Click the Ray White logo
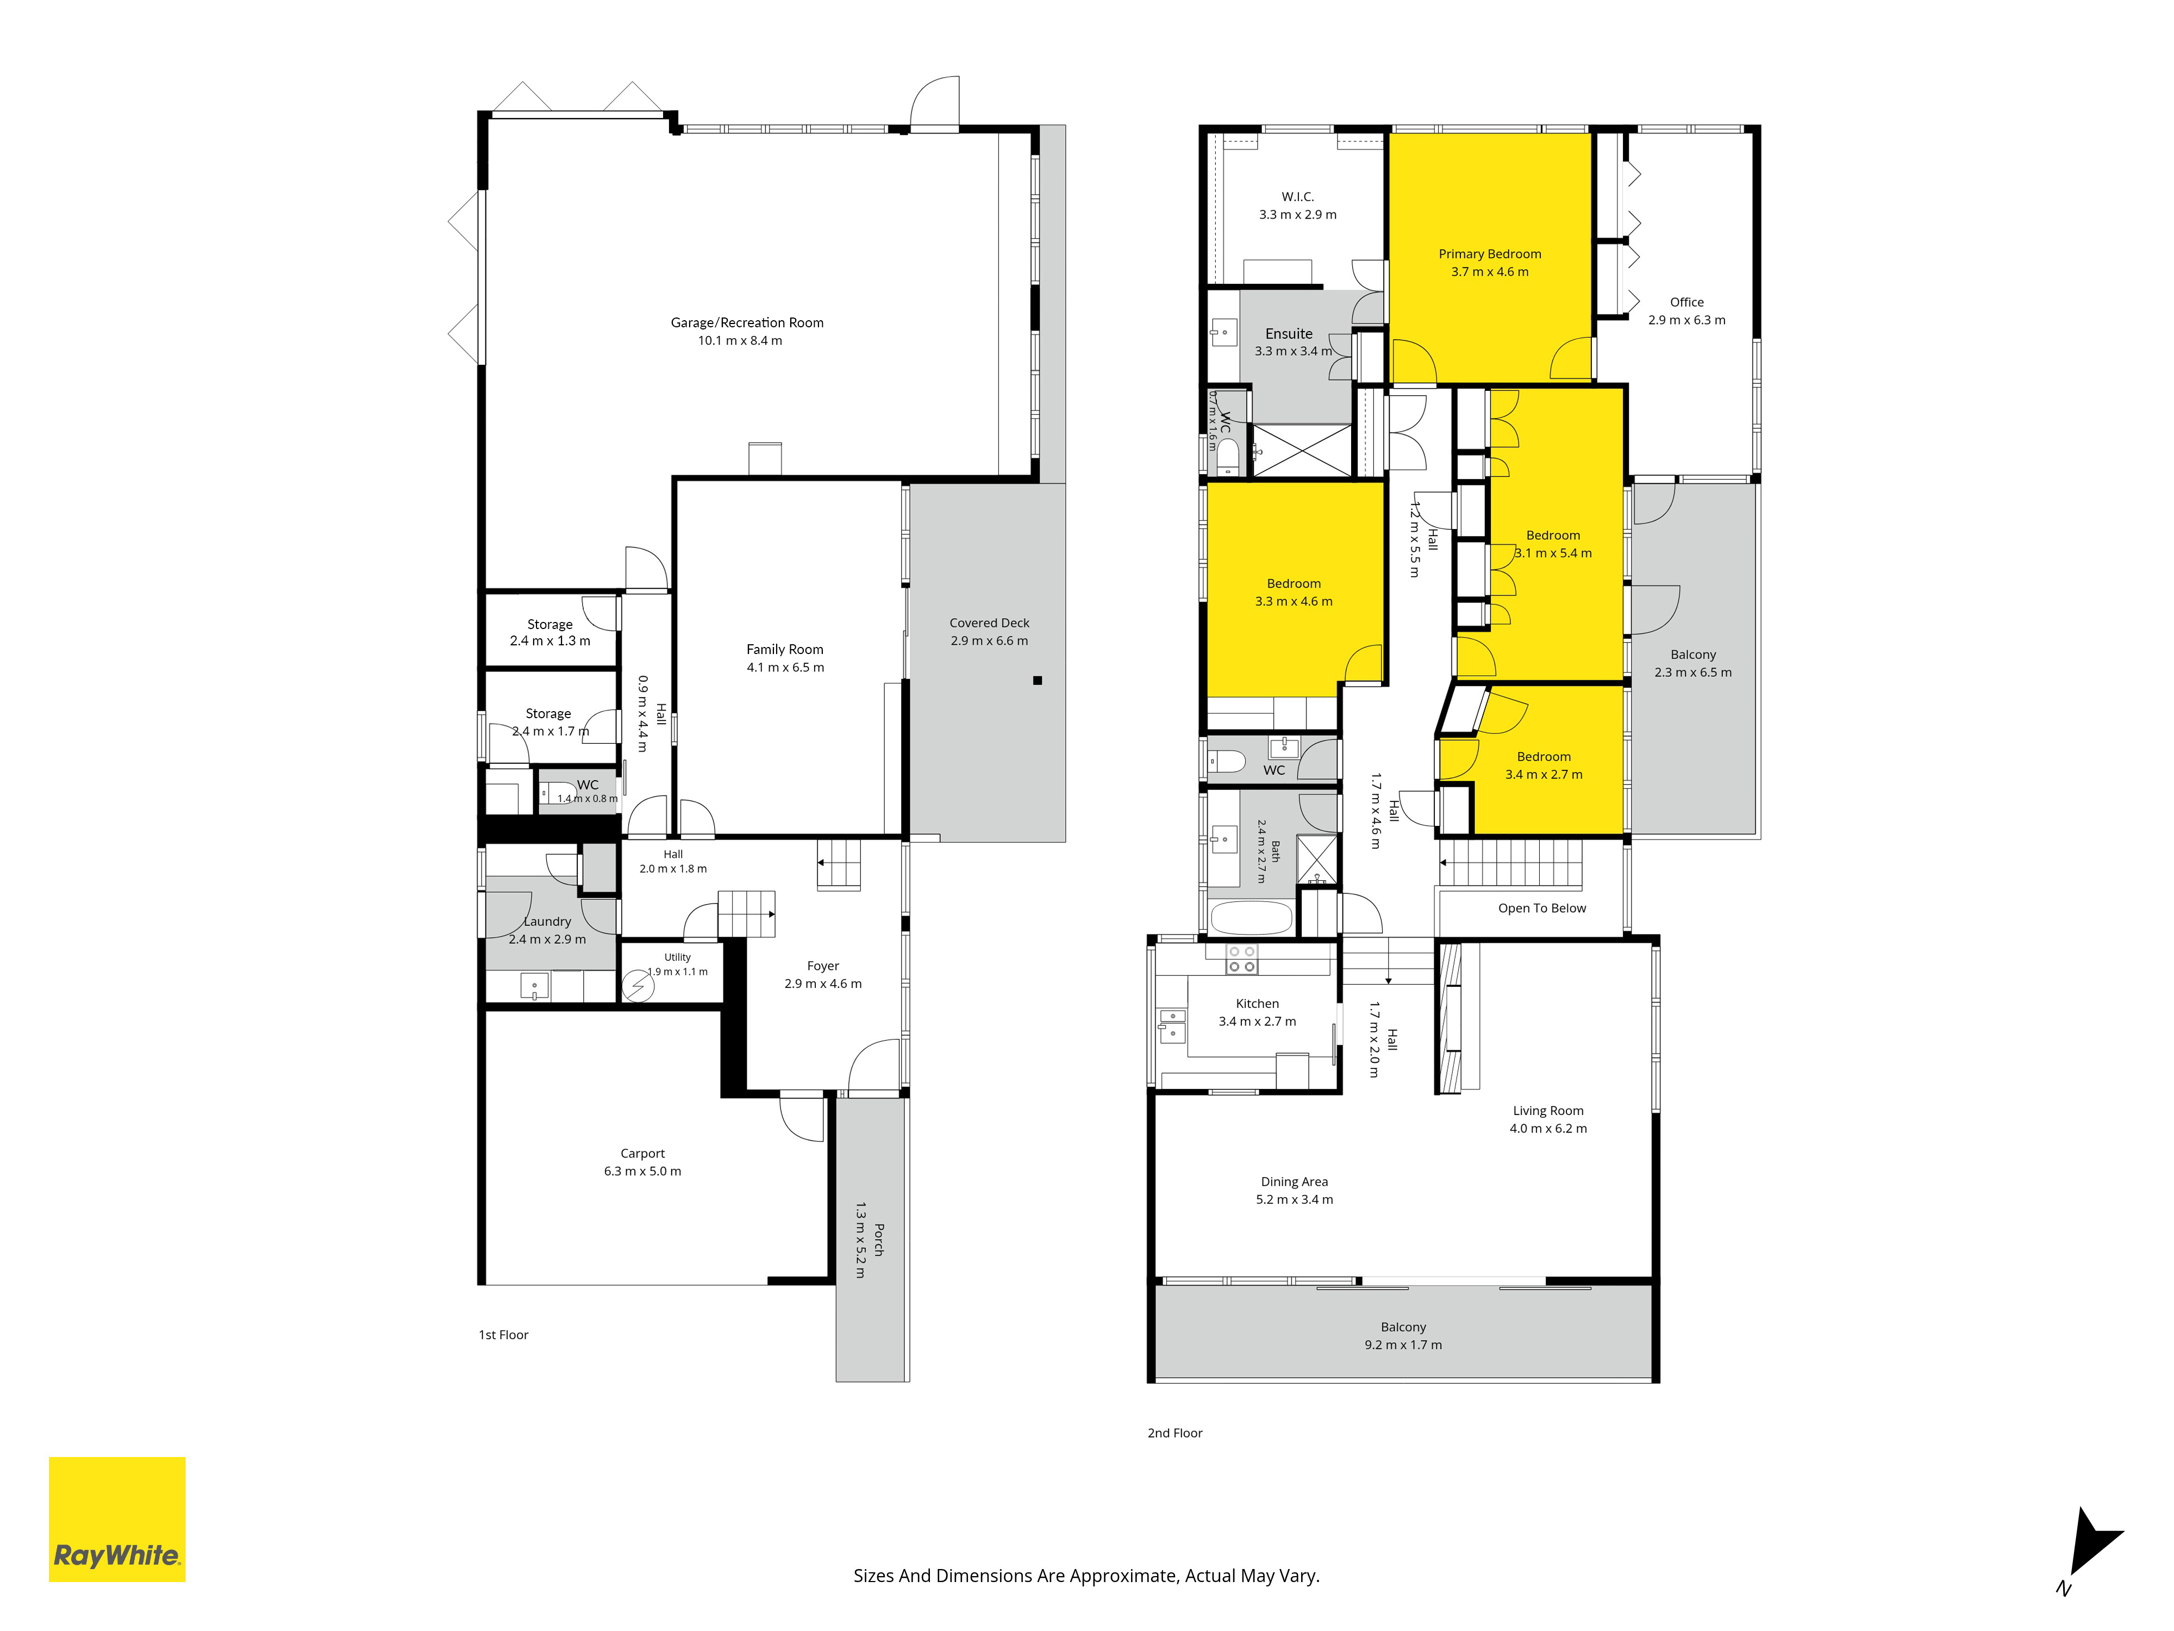[x=117, y=1519]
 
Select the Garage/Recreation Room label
[x=747, y=322]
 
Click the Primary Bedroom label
[x=1490, y=254]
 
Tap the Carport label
[x=643, y=1153]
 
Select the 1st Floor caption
[x=503, y=1335]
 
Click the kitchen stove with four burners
[x=1242, y=960]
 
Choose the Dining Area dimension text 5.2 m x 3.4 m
[x=1295, y=1199]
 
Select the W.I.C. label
[x=1297, y=197]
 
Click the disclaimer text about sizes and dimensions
[x=1086, y=1576]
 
